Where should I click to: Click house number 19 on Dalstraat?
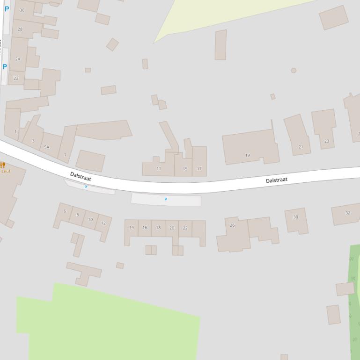(x=248, y=155)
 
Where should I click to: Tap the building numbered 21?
(x=301, y=147)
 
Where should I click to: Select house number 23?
(x=327, y=141)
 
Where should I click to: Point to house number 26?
(x=232, y=225)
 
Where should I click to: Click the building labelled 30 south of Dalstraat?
(x=295, y=217)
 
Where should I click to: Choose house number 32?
(x=348, y=213)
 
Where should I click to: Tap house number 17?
(x=199, y=169)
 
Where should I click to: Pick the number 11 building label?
(x=159, y=169)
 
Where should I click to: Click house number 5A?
(x=46, y=147)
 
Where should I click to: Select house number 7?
(x=65, y=155)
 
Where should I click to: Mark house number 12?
(x=103, y=223)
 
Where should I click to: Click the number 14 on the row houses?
(x=132, y=228)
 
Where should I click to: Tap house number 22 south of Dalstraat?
(x=185, y=228)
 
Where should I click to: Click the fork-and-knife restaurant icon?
(x=2, y=165)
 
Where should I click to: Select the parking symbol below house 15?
(x=166, y=200)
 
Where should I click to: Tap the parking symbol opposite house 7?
(x=86, y=187)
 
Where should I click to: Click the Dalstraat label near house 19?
(x=276, y=180)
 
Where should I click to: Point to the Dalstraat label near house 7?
(x=81, y=176)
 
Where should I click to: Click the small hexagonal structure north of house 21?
(x=294, y=71)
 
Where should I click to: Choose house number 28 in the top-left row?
(x=20, y=29)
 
